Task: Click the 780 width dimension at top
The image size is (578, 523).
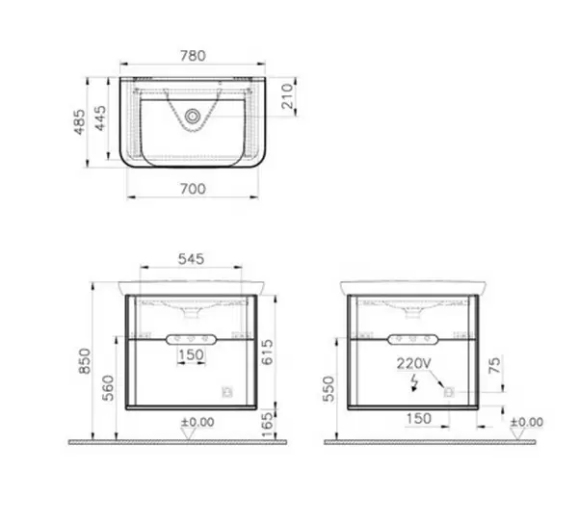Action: tap(193, 56)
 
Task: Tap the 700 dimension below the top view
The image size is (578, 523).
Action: tap(193, 189)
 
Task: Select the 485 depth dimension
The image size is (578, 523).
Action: tap(80, 122)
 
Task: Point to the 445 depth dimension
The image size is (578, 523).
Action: tap(100, 118)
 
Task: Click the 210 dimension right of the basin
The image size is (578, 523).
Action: tap(287, 96)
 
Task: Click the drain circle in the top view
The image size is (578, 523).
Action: tap(192, 117)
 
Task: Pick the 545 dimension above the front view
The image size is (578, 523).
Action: tap(191, 259)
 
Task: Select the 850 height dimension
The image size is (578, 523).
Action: tap(85, 361)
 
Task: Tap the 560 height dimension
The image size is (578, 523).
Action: tap(108, 388)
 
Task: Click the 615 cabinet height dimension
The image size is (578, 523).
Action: tap(267, 352)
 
